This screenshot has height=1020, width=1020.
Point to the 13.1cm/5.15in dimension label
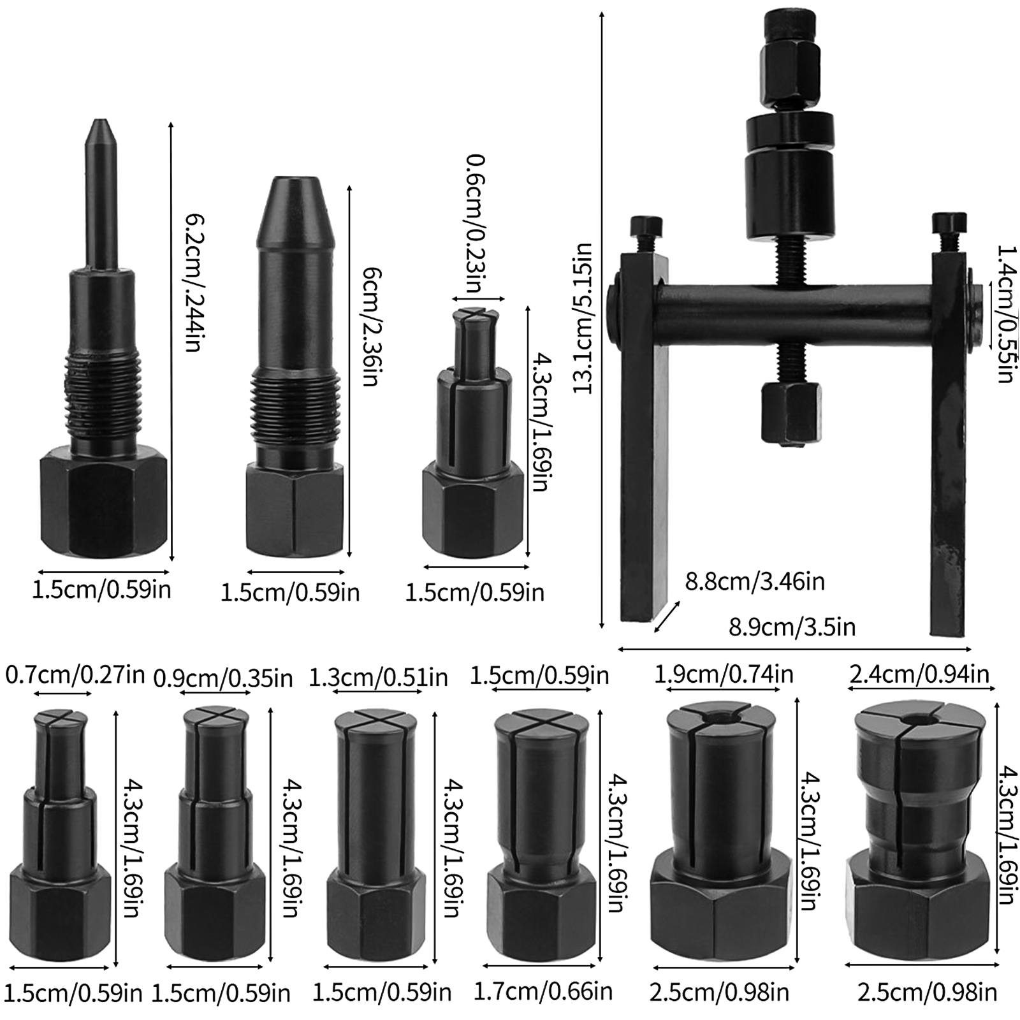pyautogui.click(x=583, y=318)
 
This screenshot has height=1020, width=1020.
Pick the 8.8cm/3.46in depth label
pyautogui.click(x=755, y=581)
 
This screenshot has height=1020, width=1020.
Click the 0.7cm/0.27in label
pyautogui.click(x=75, y=674)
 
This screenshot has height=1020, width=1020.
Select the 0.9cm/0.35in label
pyautogui.click(x=224, y=678)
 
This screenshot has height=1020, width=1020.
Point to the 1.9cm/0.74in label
pyautogui.click(x=724, y=674)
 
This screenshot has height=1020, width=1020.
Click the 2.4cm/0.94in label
pyautogui.click(x=919, y=674)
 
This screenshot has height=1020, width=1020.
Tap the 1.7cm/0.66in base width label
pyautogui.click(x=543, y=991)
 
